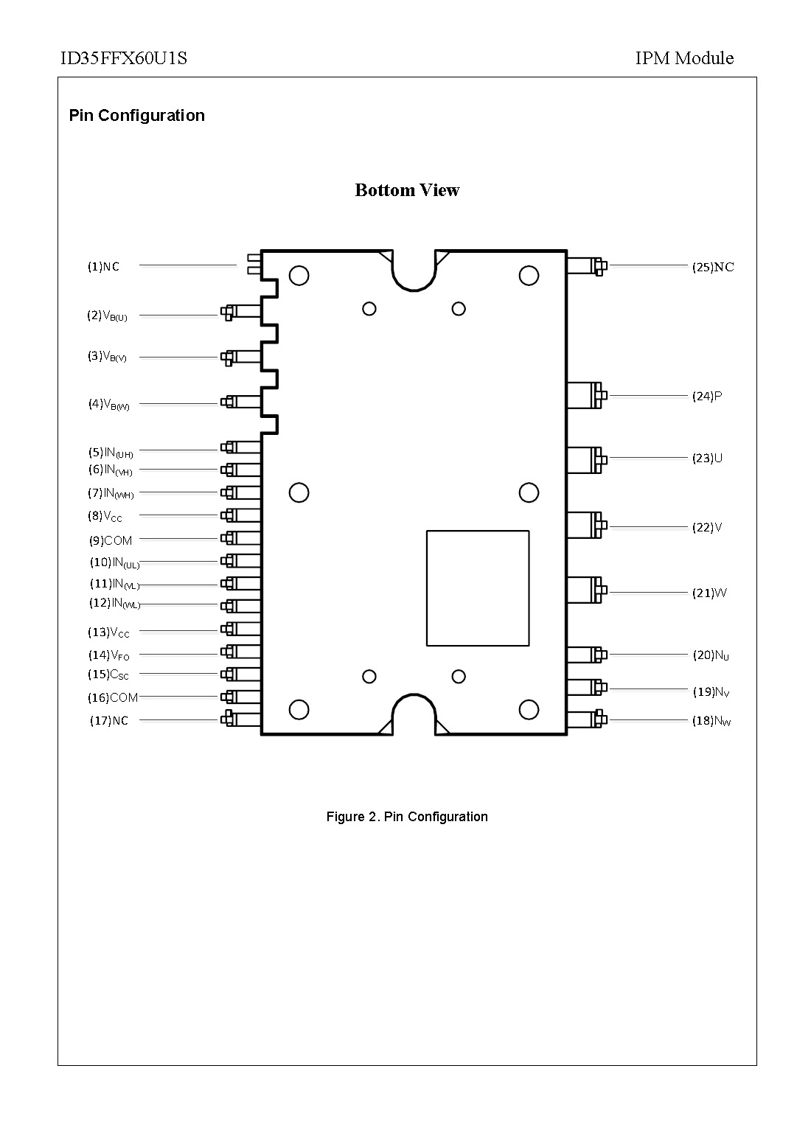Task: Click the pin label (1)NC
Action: (x=103, y=267)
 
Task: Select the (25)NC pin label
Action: (x=712, y=267)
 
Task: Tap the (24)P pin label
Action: (x=706, y=397)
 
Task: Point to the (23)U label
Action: (x=707, y=459)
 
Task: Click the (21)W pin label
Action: (x=709, y=593)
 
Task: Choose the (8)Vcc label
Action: (x=105, y=516)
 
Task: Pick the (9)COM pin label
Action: (x=111, y=540)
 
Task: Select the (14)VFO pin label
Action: (x=109, y=655)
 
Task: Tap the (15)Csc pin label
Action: (x=109, y=674)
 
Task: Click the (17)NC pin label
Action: (x=109, y=721)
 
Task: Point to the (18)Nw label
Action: (x=711, y=721)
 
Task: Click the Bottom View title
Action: (x=407, y=190)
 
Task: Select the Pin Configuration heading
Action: (x=136, y=116)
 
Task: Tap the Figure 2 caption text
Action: (x=407, y=817)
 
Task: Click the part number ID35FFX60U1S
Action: (x=123, y=58)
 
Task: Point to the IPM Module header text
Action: (x=684, y=58)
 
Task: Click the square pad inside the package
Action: (x=478, y=588)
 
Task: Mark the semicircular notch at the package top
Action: (x=414, y=269)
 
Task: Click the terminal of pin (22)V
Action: (x=596, y=525)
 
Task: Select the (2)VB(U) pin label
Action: (x=107, y=315)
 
